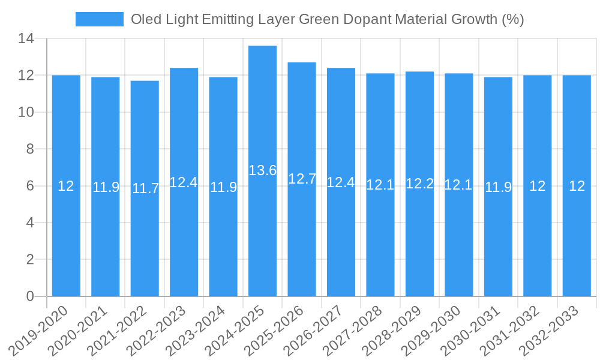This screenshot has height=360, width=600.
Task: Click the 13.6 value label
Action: click(262, 170)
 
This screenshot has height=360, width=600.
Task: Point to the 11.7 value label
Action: click(145, 188)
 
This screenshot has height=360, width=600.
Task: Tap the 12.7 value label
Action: click(302, 179)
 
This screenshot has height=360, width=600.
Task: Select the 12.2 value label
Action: click(419, 184)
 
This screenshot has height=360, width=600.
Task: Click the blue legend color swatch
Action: click(99, 19)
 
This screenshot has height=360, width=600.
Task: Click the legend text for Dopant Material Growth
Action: click(327, 19)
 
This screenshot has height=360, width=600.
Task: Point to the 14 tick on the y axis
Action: click(26, 39)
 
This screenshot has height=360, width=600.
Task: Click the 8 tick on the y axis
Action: click(30, 149)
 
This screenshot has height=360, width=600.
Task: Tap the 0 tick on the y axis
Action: click(30, 296)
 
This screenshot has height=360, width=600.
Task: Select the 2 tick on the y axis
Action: click(30, 260)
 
